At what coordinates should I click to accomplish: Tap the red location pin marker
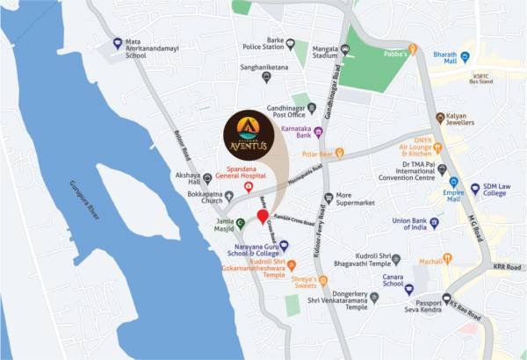262,217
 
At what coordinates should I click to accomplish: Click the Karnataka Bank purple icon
318,133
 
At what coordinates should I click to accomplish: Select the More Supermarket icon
328,198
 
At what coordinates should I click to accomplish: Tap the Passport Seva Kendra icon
447,298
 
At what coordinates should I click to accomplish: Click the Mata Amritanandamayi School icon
118,43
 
